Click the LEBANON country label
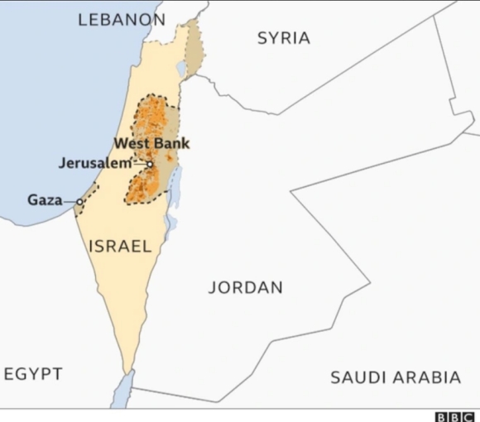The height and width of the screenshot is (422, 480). pos(120,20)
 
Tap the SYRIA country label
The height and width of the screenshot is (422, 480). pos(284,38)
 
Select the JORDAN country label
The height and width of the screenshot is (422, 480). pos(245,288)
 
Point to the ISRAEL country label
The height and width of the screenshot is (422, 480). pos(120,246)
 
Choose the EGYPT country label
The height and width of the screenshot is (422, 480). pos(33,374)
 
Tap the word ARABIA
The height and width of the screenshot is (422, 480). pos(431,378)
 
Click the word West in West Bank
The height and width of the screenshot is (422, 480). pos(132,144)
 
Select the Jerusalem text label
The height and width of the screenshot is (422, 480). pos(95,163)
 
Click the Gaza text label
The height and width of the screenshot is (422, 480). pos(45,199)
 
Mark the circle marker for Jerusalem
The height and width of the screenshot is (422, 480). pos(150,164)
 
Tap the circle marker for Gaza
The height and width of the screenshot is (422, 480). pos(80,201)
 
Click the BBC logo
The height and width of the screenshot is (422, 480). pos(455,416)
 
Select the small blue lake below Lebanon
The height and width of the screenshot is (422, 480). pos(181,69)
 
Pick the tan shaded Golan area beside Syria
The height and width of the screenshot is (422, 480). pos(194,47)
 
